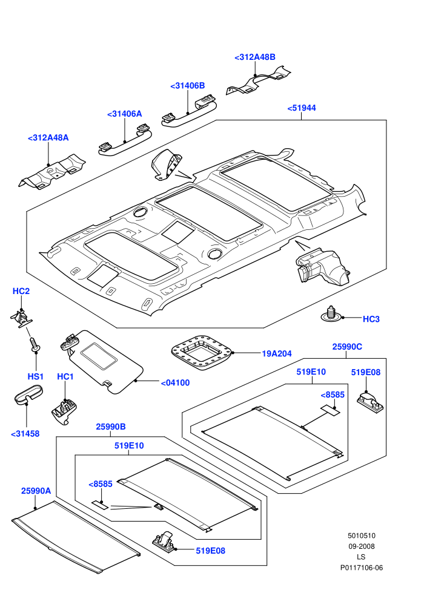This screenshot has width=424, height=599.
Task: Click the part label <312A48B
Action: tap(254, 57)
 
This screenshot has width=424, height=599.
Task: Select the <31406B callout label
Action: tap(187, 86)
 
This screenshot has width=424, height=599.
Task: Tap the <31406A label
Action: tap(125, 114)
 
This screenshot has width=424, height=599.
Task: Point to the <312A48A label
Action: tap(48, 138)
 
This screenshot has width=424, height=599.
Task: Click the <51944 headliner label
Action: tap(302, 108)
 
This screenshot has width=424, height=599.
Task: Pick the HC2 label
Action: tap(21, 291)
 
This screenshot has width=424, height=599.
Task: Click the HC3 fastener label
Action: tap(371, 319)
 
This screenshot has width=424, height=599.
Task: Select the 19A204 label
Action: tap(277, 354)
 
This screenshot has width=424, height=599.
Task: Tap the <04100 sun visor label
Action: tap(175, 383)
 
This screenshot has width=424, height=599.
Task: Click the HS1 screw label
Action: tap(36, 377)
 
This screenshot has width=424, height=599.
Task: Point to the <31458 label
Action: tap(25, 434)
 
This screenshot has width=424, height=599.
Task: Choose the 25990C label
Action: tap(347, 347)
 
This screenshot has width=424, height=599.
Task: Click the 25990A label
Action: tap(36, 491)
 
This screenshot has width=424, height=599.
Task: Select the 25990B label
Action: tap(111, 427)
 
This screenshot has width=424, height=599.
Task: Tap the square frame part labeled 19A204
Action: tap(202, 353)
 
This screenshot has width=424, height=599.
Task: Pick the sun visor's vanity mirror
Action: tap(99, 356)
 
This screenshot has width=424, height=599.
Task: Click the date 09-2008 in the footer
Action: tap(361, 546)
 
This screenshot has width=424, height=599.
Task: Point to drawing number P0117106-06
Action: tap(361, 568)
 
